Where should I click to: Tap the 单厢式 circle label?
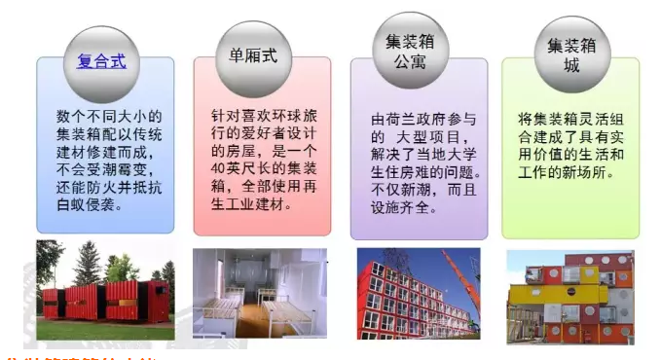coord(253,55)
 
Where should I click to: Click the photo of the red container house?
coord(105,291)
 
